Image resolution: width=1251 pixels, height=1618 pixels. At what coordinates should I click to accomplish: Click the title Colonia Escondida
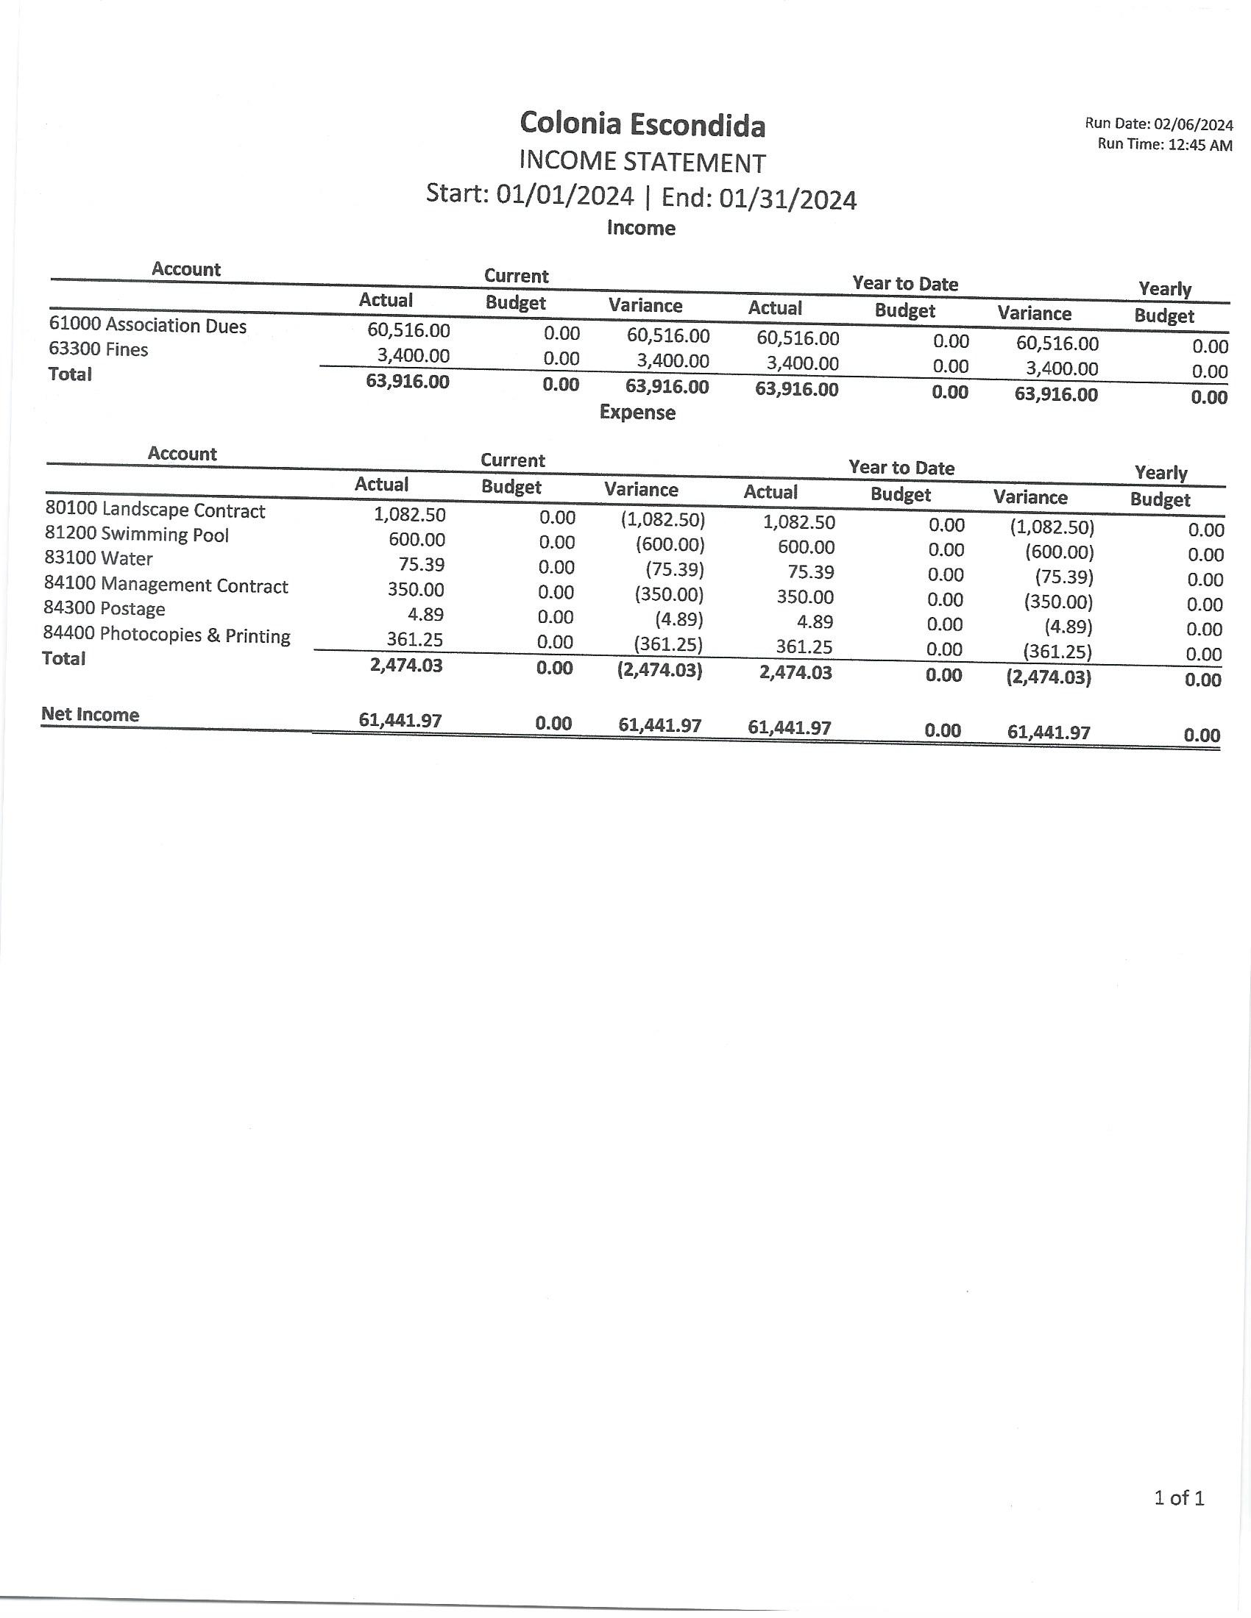coord(642,124)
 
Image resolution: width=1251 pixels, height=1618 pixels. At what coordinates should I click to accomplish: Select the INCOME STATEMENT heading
coord(642,163)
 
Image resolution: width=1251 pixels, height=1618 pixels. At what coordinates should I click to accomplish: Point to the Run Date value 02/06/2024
coord(1193,125)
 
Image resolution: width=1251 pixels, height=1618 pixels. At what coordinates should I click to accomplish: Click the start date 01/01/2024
coord(564,196)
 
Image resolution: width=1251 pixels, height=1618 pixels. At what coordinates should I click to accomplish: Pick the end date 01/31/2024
coord(788,200)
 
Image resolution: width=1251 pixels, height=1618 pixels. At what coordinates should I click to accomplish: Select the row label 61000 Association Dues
coord(147,325)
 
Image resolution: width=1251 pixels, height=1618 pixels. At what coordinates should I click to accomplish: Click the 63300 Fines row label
coord(99,349)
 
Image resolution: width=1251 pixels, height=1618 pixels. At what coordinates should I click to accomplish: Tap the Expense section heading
coord(637,413)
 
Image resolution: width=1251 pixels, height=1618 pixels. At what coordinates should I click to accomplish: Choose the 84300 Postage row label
coord(104,609)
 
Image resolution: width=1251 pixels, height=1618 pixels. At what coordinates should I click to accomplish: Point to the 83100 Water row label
coord(99,559)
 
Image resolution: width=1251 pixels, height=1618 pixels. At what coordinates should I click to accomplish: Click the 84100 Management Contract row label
coord(166,585)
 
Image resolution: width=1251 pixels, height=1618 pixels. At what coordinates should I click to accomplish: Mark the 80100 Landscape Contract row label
coord(155,510)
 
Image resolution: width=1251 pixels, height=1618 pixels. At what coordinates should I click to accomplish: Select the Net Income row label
coord(90,715)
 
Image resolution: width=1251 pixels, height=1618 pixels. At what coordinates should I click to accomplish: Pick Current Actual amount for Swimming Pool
coord(417,539)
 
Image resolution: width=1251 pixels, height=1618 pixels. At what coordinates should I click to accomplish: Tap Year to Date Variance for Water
coord(1064,577)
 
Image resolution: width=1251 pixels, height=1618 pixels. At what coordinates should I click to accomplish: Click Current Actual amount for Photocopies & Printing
coord(415,639)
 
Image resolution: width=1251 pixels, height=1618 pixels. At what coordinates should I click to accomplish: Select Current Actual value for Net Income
coord(400,720)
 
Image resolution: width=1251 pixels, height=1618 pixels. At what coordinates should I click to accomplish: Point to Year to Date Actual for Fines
coord(803,364)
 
